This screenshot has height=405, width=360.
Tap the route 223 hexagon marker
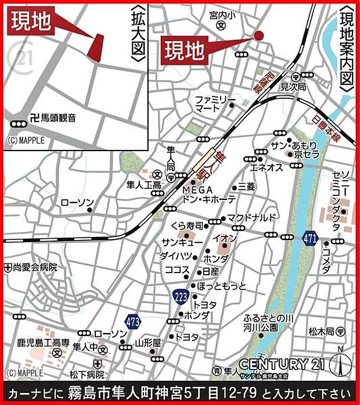(180, 296)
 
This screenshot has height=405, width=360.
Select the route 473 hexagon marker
(133, 321)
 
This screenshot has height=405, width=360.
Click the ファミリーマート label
(211, 103)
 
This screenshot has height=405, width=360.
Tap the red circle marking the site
(259, 35)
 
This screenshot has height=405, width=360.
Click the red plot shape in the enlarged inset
(95, 46)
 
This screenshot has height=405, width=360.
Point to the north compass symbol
(340, 364)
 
